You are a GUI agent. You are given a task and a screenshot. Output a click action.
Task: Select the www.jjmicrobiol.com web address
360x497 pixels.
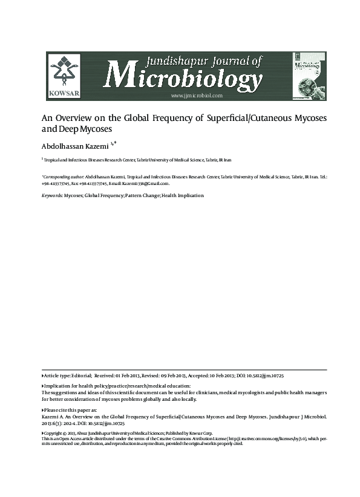[197, 96]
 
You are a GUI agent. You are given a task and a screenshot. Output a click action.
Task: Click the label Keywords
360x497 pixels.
[51, 196]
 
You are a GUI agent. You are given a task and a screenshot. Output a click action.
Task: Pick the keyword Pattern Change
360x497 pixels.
[142, 196]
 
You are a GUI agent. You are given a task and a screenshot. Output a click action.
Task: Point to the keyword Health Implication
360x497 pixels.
[183, 196]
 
